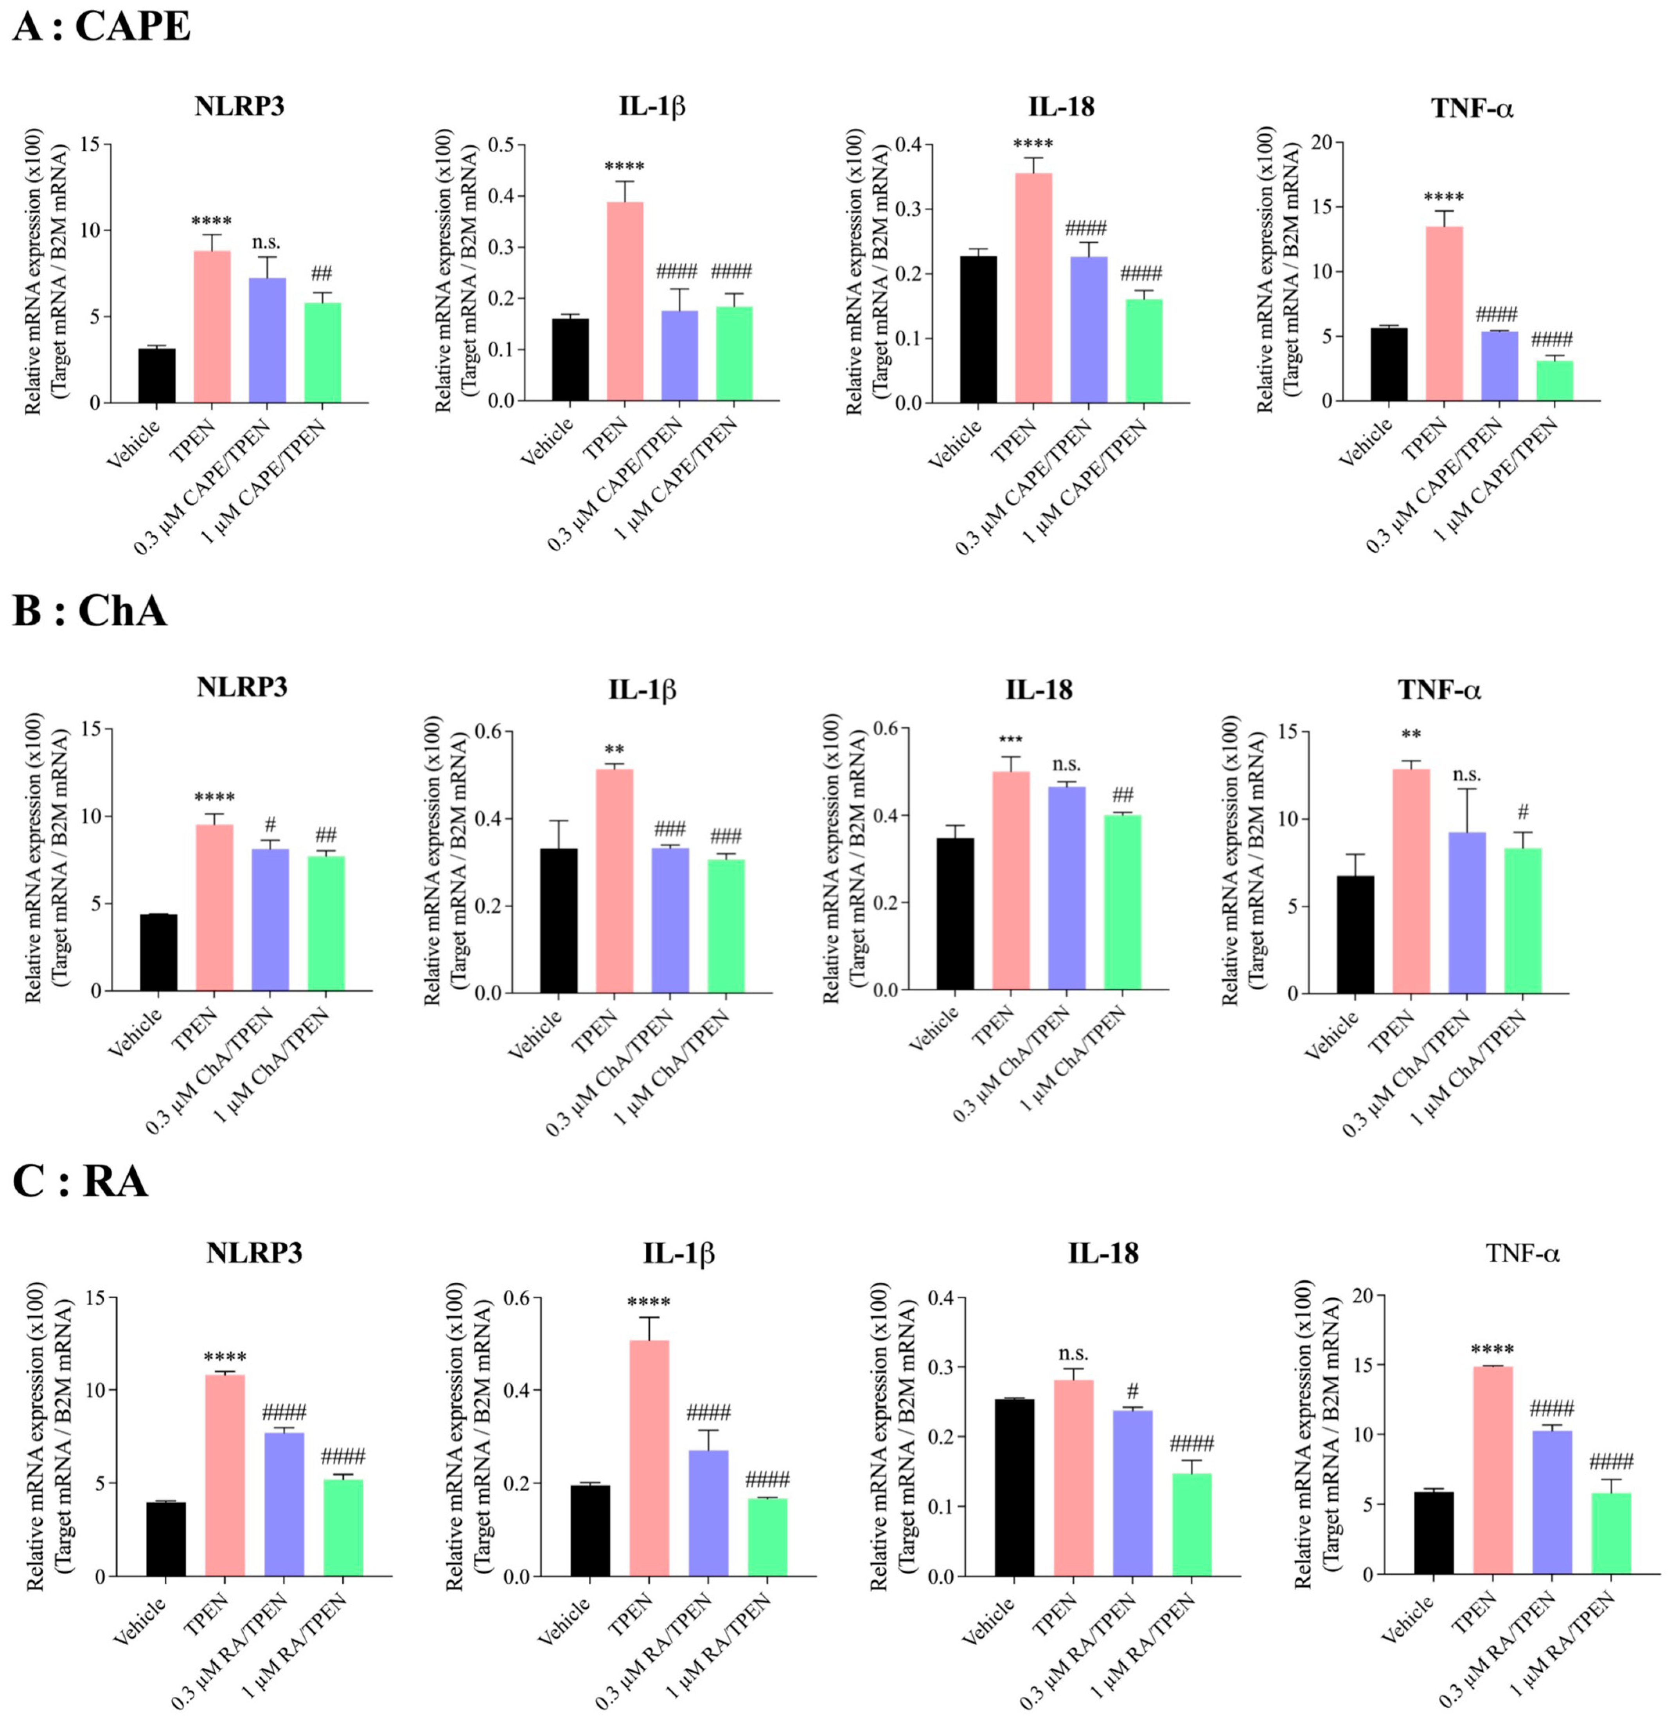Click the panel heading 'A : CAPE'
102,27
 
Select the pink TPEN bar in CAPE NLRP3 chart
213,327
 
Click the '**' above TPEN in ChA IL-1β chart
614,750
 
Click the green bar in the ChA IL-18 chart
1122,903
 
